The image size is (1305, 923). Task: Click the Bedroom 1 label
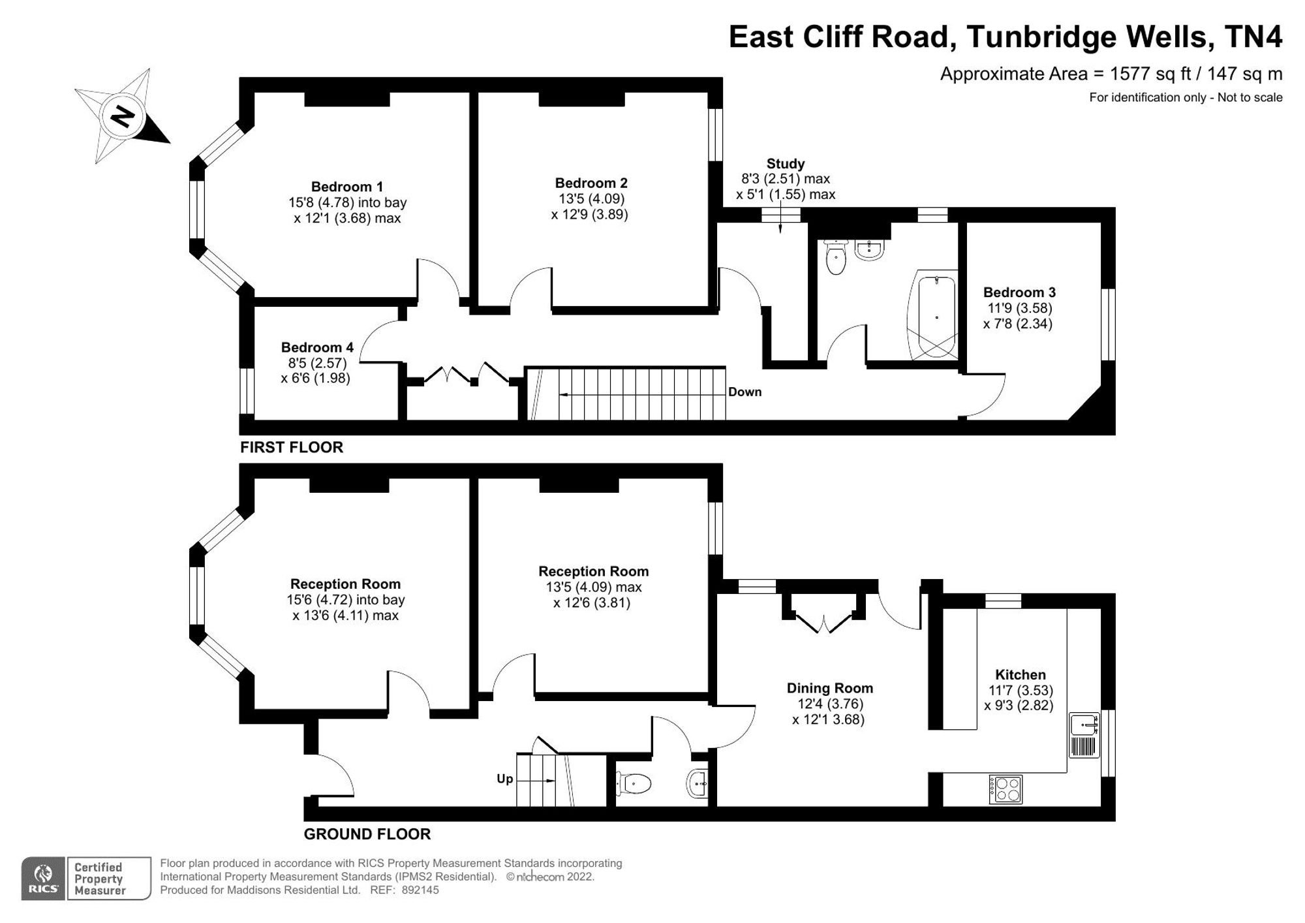point(347,187)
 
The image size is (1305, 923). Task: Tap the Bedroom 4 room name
point(317,347)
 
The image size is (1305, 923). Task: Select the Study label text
point(786,164)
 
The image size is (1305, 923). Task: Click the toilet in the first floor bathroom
point(836,256)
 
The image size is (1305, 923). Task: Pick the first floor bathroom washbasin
point(869,249)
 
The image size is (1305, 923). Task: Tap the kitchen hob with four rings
point(1006,789)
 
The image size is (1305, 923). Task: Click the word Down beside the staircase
point(745,392)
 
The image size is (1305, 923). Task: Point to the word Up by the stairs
point(505,779)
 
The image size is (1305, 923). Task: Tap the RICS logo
point(43,879)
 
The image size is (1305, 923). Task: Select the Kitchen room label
point(1021,675)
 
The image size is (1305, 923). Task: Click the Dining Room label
point(830,688)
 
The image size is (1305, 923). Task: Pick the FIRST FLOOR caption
point(292,447)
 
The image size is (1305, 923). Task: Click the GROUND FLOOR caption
point(367,834)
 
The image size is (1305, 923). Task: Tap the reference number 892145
point(420,890)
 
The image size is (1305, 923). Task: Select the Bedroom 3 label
point(1019,292)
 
